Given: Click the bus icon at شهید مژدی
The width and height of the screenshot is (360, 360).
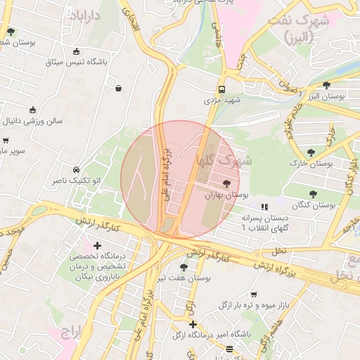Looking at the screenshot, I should [x=221, y=89].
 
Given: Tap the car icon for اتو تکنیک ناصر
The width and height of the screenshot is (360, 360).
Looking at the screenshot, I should [x=75, y=169].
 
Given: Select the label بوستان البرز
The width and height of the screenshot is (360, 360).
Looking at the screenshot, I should [x=320, y=96].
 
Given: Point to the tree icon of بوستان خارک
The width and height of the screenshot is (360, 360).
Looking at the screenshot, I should [x=310, y=153].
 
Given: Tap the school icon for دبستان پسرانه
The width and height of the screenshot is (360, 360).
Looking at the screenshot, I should [x=264, y=207].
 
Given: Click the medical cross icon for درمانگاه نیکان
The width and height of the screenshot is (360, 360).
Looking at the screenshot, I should [x=97, y=245].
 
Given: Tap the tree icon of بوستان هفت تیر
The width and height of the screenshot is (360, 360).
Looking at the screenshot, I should [x=184, y=267].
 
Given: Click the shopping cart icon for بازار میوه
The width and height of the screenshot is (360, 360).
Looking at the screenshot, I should [x=253, y=294].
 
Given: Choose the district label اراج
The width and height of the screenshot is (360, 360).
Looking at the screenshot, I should [x=73, y=330].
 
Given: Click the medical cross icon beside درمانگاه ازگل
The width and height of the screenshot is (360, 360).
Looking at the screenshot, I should [x=193, y=323].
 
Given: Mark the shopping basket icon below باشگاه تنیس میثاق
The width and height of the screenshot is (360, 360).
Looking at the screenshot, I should [x=117, y=88].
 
